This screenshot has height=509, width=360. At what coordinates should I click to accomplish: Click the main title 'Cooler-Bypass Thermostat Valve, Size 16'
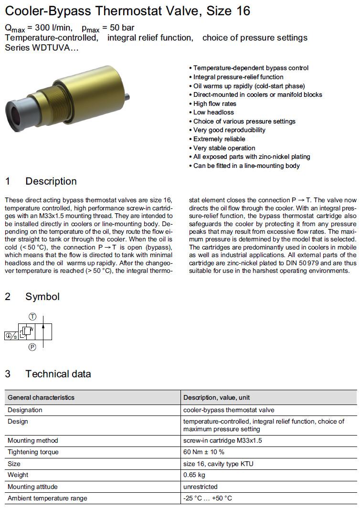(x=127, y=10)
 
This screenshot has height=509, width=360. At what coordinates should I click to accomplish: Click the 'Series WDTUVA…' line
(x=42, y=47)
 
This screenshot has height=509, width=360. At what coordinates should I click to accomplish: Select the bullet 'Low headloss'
(x=213, y=112)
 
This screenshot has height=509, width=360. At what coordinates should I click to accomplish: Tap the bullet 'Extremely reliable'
(x=219, y=139)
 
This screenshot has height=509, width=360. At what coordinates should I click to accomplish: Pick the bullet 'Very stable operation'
(x=224, y=148)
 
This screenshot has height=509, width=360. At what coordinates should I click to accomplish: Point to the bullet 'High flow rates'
(x=214, y=104)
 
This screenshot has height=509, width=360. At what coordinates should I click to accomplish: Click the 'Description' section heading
(x=51, y=181)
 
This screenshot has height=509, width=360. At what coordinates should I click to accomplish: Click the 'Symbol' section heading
(x=42, y=297)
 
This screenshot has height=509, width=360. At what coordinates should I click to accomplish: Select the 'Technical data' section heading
(x=58, y=374)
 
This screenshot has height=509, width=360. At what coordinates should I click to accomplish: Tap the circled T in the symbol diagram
(x=32, y=316)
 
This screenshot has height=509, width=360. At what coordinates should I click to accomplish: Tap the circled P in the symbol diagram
(x=32, y=347)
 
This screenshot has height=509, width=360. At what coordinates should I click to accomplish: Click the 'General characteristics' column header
(x=41, y=397)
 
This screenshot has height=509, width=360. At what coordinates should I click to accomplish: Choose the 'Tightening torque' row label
(x=33, y=452)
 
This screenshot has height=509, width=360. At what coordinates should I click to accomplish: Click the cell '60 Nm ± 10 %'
(x=204, y=452)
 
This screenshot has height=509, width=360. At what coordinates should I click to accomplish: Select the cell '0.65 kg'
(x=194, y=475)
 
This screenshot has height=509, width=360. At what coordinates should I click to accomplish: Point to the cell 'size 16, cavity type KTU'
(x=218, y=464)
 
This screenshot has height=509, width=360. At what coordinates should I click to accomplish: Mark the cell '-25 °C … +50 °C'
(x=208, y=499)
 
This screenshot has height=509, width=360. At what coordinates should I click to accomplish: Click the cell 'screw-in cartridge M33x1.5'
(x=222, y=440)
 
